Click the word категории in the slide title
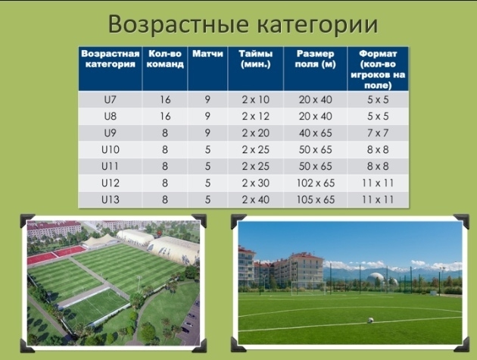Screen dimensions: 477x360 (317, 24)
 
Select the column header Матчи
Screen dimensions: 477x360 (207, 54)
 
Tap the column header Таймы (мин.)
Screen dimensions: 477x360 (256, 59)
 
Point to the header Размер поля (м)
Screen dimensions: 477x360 (315, 59)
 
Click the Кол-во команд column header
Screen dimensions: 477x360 (165, 59)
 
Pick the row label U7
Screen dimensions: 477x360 (110, 99)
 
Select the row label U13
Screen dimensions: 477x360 (110, 199)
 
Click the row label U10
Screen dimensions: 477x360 (110, 149)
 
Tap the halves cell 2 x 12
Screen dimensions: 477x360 (256, 117)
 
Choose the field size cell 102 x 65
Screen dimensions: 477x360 (316, 183)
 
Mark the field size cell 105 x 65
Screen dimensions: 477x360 (316, 199)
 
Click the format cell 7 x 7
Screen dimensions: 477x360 (378, 133)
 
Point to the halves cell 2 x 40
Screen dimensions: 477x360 (256, 199)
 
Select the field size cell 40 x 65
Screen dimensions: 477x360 (316, 133)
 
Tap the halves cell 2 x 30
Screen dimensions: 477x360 (256, 183)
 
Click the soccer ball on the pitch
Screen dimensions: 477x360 (370, 320)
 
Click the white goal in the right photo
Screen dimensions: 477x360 (308, 288)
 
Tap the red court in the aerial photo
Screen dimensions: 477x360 (56, 255)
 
